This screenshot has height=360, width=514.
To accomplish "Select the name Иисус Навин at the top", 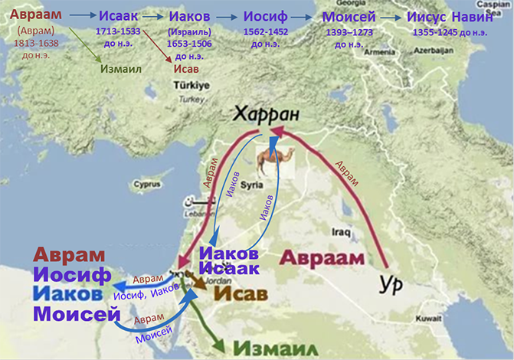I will (x=460, y=18).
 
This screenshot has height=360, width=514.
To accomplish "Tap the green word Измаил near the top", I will (x=121, y=69).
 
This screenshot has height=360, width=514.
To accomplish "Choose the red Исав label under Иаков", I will (x=186, y=69).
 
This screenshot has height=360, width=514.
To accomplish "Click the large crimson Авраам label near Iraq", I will (x=321, y=257).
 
